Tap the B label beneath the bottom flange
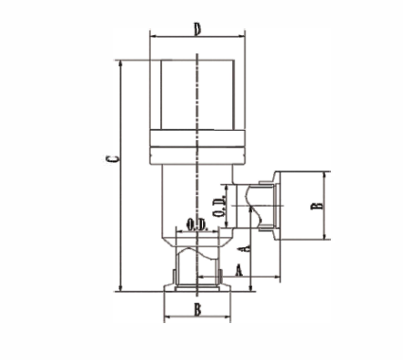click(x=197, y=310)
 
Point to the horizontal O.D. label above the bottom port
click(x=196, y=225)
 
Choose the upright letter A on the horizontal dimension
click(x=238, y=270)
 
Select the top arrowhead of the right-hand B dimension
click(x=326, y=174)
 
